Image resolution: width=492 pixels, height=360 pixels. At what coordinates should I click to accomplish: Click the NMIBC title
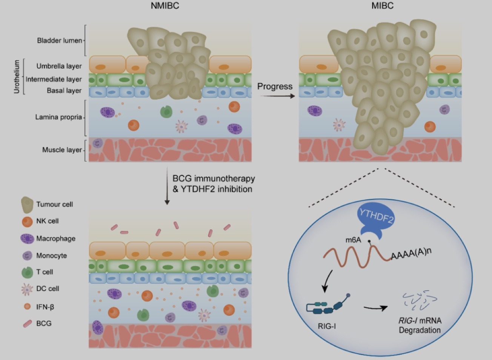165,6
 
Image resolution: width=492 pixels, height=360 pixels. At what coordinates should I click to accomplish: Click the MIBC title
383,6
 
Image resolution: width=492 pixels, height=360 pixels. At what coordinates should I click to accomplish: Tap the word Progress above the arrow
275,86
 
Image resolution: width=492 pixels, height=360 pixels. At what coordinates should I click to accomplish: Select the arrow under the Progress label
277,96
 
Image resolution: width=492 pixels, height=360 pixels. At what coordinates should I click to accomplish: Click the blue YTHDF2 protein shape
376,220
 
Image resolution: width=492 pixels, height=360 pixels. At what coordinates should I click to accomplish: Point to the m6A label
353,240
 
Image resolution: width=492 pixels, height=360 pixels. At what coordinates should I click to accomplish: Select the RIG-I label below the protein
327,326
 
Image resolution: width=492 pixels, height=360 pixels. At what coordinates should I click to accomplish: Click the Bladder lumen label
59,40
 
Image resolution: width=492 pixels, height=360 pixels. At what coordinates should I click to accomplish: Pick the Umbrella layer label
59,66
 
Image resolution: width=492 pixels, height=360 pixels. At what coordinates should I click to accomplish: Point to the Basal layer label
64,91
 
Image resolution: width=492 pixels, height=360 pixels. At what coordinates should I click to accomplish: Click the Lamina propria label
58,117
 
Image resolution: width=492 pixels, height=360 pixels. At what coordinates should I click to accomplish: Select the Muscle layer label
62,150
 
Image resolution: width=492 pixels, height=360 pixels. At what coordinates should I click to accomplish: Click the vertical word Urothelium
17,77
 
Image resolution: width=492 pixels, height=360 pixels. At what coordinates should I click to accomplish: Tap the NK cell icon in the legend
27,222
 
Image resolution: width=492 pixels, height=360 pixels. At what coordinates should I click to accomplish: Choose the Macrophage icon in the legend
27,238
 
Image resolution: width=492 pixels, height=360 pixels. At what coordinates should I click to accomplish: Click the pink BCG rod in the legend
28,324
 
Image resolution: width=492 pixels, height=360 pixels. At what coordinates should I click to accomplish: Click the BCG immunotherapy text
214,178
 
